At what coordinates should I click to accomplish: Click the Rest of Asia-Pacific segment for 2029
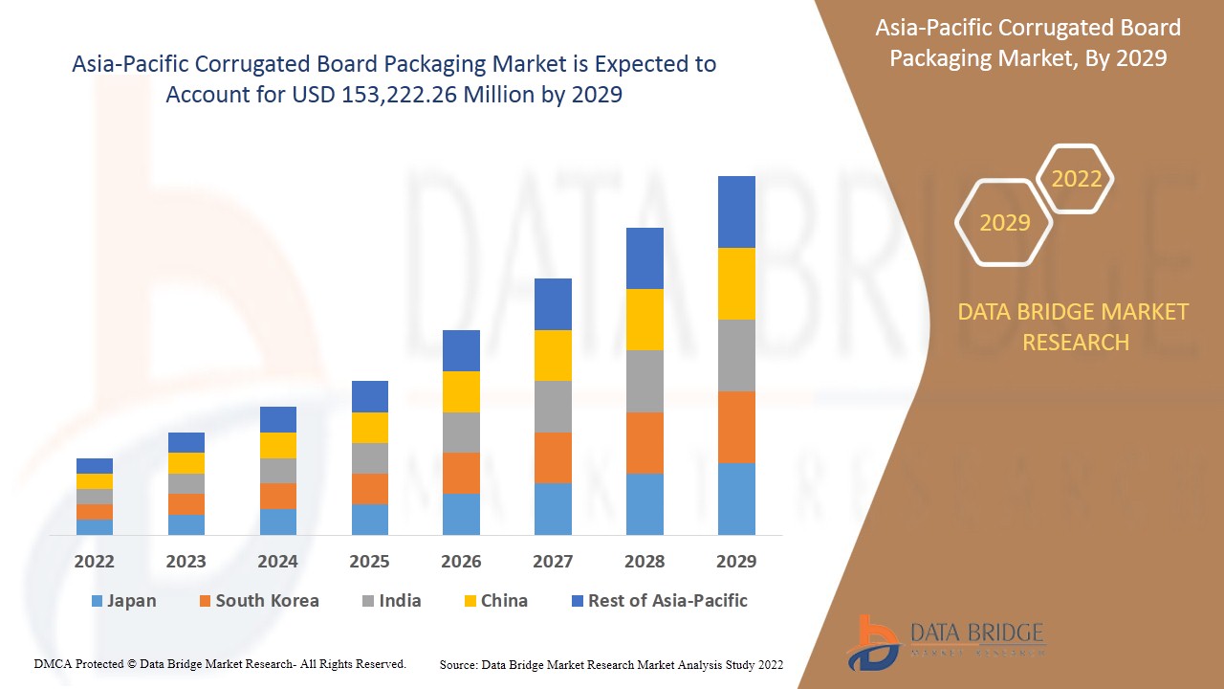click(736, 211)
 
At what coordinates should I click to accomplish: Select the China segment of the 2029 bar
click(736, 283)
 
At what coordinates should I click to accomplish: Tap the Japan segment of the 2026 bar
click(461, 514)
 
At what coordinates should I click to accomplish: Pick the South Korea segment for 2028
click(645, 442)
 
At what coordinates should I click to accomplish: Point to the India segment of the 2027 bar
click(553, 407)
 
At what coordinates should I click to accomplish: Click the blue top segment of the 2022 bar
click(95, 466)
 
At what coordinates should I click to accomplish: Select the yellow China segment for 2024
click(278, 445)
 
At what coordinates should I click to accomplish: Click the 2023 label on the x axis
click(186, 562)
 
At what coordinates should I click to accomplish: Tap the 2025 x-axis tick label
click(369, 562)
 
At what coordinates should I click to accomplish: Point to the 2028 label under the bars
click(645, 562)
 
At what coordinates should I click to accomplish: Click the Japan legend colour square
click(96, 602)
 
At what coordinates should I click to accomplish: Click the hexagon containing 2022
click(1076, 179)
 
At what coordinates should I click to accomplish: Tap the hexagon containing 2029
click(1004, 223)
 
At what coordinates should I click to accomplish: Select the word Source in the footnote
click(458, 664)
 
